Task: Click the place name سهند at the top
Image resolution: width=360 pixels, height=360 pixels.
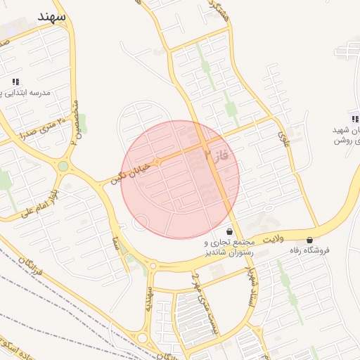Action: click(x=53, y=15)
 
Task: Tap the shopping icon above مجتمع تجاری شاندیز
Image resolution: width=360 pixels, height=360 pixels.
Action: click(x=230, y=231)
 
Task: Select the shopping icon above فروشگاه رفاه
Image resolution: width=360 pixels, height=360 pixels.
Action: click(x=310, y=240)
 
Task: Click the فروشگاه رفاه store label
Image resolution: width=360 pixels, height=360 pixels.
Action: click(x=309, y=250)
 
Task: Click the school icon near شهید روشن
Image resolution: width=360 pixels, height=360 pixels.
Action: click(x=355, y=119)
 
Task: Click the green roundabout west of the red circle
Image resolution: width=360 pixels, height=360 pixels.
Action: click(x=63, y=167)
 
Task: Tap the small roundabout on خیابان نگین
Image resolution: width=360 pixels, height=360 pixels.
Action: click(x=158, y=162)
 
